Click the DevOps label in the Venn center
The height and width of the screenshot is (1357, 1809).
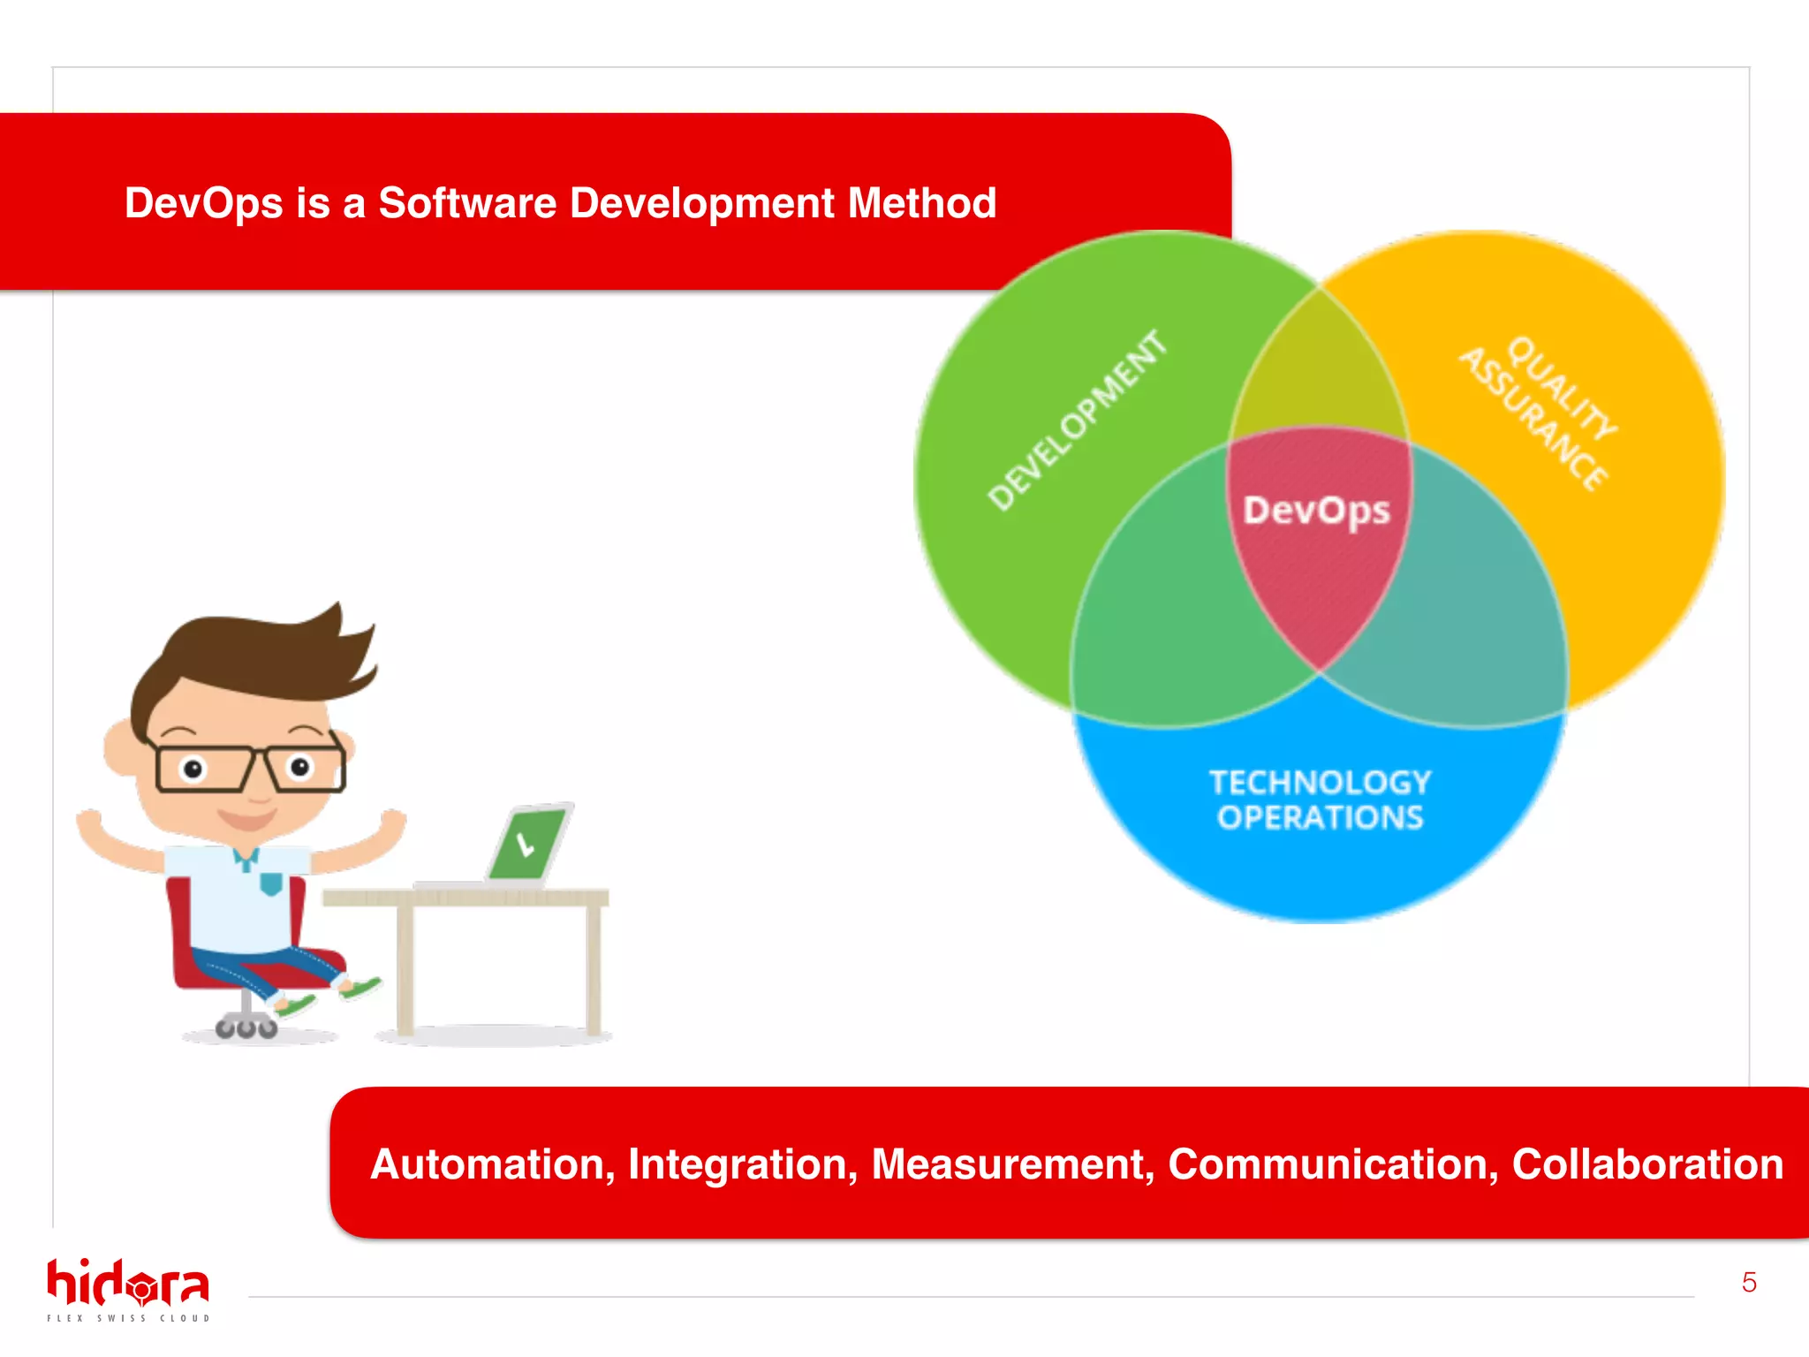(1316, 511)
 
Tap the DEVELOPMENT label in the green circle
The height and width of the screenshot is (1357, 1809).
(1077, 421)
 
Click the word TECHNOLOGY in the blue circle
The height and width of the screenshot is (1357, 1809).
(1320, 783)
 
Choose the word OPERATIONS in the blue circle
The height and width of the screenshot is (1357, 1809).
(1320, 818)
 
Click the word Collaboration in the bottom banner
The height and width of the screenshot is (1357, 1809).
(1647, 1164)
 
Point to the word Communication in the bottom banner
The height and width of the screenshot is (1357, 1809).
(1333, 1164)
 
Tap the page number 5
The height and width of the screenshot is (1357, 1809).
(1748, 1283)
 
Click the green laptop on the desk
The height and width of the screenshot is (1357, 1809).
(528, 844)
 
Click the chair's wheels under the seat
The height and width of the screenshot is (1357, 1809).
(246, 1028)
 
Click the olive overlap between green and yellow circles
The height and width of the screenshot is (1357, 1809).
(1319, 371)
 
